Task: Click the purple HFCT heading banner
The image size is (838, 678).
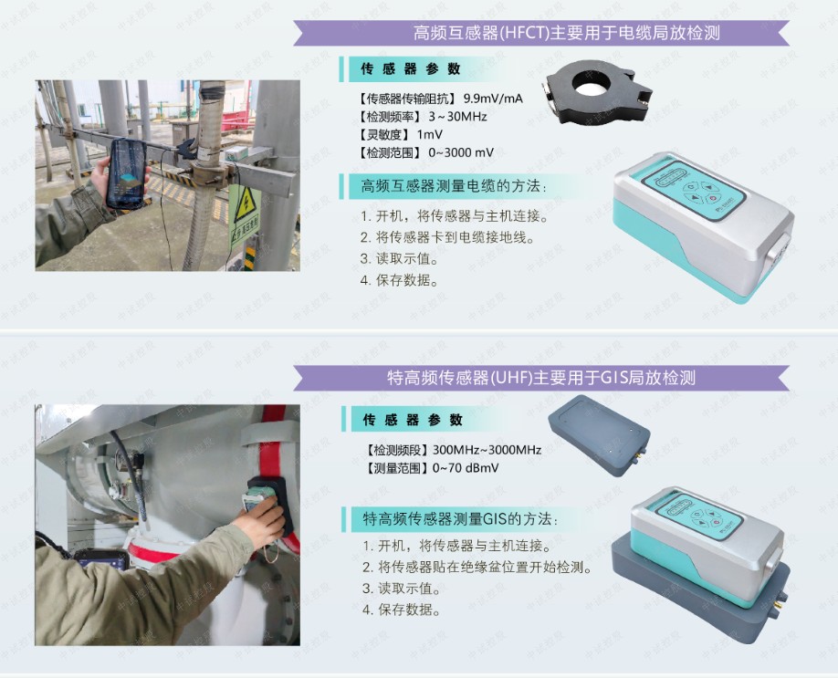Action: tap(540, 33)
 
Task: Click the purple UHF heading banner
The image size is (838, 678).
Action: tap(540, 378)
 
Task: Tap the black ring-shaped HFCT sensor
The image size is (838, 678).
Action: tap(598, 91)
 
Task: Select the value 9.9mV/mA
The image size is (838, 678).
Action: tap(493, 99)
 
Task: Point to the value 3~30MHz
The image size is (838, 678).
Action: tap(457, 117)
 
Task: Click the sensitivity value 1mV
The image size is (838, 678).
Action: tap(429, 135)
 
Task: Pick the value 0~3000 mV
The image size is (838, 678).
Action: tap(461, 152)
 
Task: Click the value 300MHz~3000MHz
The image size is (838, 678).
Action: tap(487, 450)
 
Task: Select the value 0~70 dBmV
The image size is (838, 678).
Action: tap(466, 468)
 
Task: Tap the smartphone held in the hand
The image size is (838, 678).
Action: tap(127, 173)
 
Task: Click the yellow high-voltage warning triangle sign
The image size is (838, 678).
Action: tap(246, 205)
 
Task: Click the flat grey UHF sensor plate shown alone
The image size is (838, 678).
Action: tap(599, 435)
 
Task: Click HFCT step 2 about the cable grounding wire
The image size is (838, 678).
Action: tap(447, 237)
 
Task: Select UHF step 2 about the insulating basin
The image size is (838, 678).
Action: tap(477, 567)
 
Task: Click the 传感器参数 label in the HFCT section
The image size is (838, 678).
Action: tap(410, 69)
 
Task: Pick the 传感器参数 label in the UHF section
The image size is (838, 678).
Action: tap(412, 420)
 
